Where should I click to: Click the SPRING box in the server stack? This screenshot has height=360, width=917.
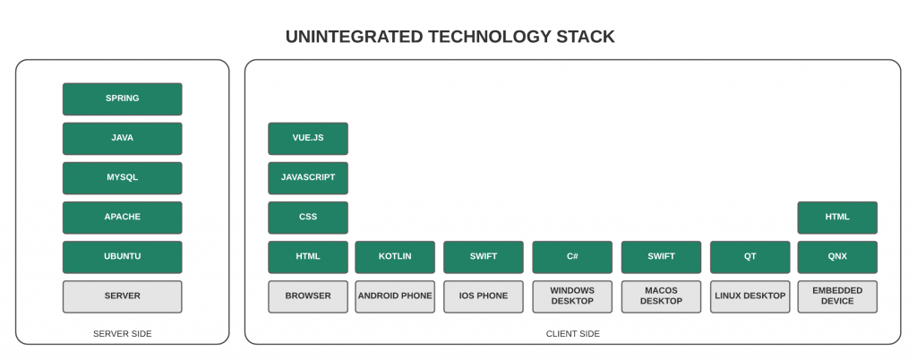click(x=122, y=99)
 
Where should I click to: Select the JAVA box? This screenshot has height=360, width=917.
click(x=122, y=139)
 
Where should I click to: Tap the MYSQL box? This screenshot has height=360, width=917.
click(x=122, y=177)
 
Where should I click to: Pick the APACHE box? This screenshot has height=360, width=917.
click(x=122, y=218)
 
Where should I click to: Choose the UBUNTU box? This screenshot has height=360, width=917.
click(x=122, y=257)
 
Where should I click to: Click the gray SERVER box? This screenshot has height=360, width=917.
click(x=122, y=296)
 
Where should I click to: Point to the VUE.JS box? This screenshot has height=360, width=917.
click(x=308, y=139)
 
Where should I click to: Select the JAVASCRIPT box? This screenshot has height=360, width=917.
click(x=308, y=177)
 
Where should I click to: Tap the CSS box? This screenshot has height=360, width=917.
click(x=308, y=218)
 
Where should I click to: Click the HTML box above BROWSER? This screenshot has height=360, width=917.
click(x=308, y=257)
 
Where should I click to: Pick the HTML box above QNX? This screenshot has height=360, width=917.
click(x=837, y=218)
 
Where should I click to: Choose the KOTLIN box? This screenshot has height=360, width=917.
click(x=395, y=257)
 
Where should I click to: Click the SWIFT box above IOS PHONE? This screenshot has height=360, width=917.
click(x=484, y=257)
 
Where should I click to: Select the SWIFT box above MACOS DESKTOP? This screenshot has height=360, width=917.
click(x=661, y=257)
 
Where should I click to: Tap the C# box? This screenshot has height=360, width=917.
click(x=572, y=257)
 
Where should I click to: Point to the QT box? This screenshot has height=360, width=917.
click(x=750, y=257)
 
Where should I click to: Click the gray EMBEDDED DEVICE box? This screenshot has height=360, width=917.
click(x=837, y=296)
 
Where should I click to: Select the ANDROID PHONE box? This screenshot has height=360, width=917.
click(x=395, y=296)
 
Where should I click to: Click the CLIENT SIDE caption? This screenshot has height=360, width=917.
click(x=573, y=334)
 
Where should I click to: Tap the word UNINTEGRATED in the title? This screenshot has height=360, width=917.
click(x=354, y=37)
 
